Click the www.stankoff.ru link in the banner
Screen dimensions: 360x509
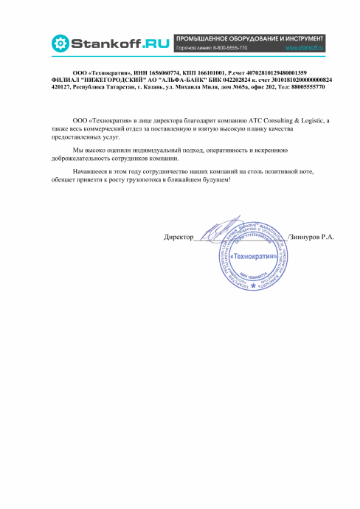(305, 47)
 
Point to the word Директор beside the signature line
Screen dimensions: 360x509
(178, 237)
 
